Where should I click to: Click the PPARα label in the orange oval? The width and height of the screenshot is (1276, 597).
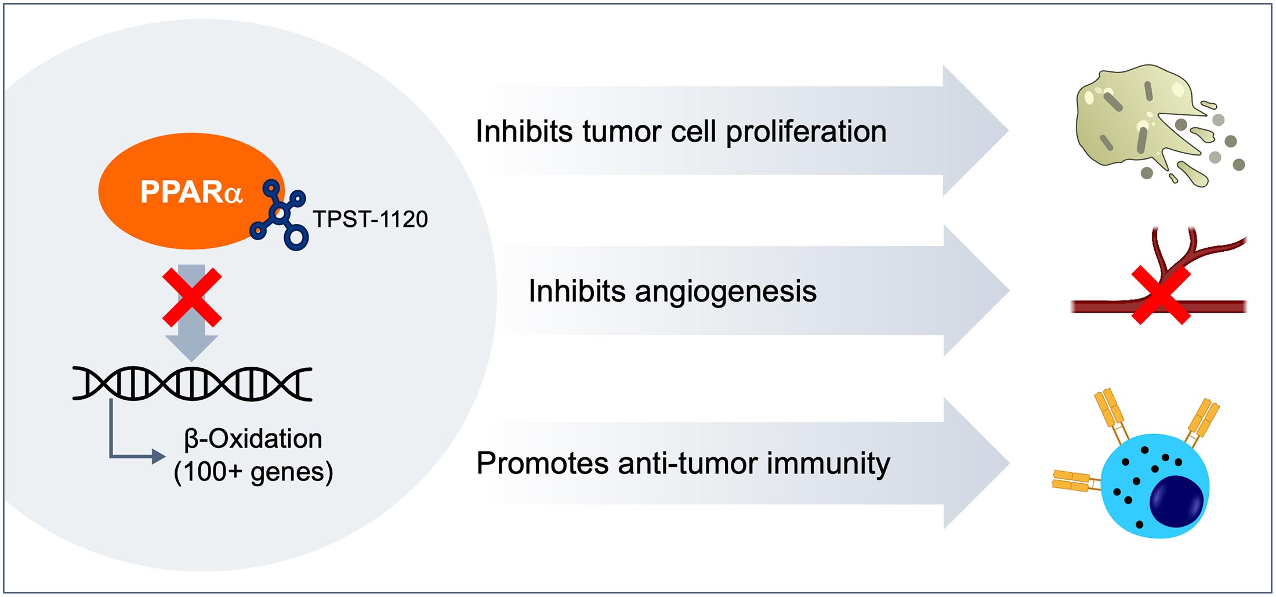pos(191,191)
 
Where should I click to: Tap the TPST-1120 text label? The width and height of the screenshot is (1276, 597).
pos(370,219)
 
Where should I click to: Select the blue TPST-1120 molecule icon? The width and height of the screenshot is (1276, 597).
pos(279,215)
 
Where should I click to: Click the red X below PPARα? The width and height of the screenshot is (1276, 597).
pos(192,297)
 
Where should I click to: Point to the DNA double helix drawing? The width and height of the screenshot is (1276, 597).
pos(192,383)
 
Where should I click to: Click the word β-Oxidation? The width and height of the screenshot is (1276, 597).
pos(253,439)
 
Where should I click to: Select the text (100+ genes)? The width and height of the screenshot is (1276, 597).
pos(253,472)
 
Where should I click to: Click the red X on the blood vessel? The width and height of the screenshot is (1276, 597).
pos(1161,295)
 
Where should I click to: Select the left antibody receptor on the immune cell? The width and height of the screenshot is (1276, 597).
pos(1076,481)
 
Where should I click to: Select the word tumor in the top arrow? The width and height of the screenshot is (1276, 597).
pos(622,132)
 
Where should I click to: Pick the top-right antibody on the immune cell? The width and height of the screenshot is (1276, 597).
pos(1201,422)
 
